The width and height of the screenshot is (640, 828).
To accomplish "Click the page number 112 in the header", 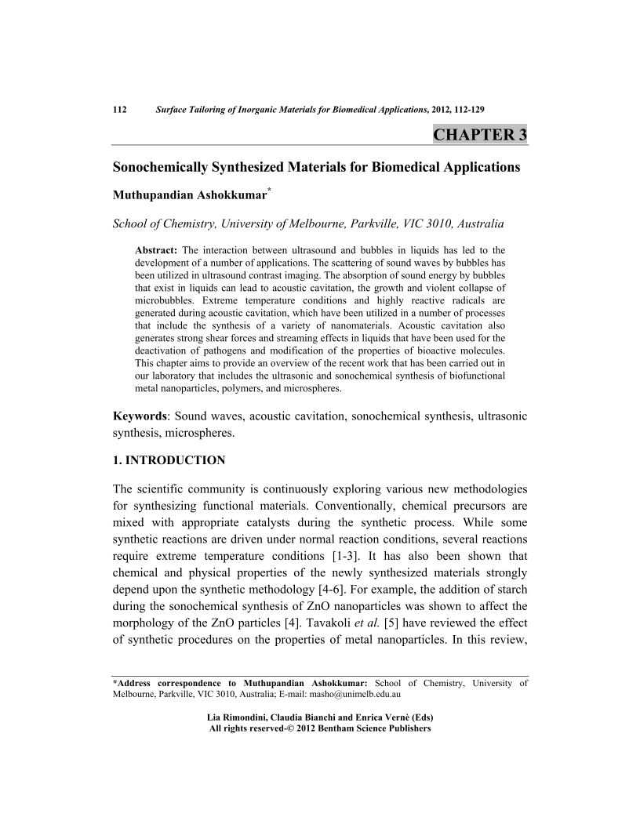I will [x=121, y=109].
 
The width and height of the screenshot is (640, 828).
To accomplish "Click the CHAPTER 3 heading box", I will [x=479, y=134].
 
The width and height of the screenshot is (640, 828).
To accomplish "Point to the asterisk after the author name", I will [x=270, y=191].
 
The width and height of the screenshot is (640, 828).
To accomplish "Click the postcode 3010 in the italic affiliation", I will [x=423, y=224].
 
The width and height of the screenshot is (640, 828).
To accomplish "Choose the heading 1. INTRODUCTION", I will [x=169, y=460].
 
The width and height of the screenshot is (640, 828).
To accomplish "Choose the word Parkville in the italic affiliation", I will [x=362, y=224].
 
